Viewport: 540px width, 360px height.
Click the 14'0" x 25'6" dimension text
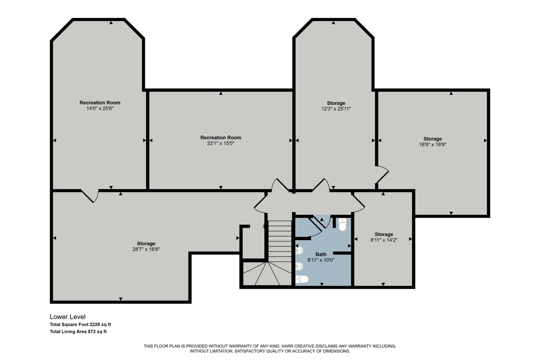click(x=100, y=108)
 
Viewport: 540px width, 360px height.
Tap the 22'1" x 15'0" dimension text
click(x=221, y=143)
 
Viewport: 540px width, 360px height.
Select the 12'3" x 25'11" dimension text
click(x=336, y=109)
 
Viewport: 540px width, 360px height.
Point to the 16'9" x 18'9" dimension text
click(x=432, y=144)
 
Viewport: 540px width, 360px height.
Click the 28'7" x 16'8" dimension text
click(x=146, y=249)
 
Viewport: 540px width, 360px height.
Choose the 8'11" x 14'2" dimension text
click(x=384, y=240)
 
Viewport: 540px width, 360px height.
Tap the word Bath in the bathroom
click(x=321, y=254)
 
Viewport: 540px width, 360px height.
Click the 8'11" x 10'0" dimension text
click(x=321, y=260)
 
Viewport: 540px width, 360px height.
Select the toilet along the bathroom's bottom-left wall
click(x=302, y=279)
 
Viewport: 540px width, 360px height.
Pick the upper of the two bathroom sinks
click(x=299, y=250)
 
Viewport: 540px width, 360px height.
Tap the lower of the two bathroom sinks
click(x=299, y=266)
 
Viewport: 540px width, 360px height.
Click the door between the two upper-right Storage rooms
click(x=382, y=174)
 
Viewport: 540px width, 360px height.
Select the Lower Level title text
click(x=67, y=317)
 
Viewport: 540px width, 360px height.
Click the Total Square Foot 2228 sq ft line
click(x=80, y=325)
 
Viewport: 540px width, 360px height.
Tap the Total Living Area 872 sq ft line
click(x=78, y=332)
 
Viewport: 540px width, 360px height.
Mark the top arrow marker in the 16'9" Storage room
click(x=451, y=93)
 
